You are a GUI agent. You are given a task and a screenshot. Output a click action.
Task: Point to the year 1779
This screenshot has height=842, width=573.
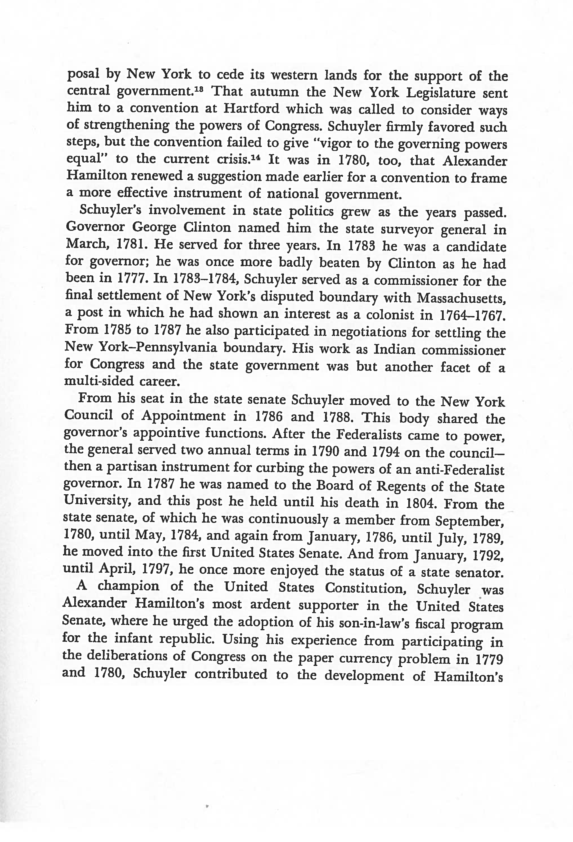point(489,659)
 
